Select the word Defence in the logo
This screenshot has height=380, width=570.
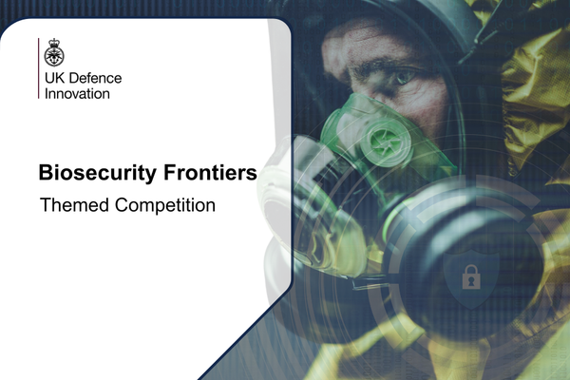click(94, 78)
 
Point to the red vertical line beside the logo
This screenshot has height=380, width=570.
click(39, 68)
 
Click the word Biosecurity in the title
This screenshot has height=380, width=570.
click(93, 173)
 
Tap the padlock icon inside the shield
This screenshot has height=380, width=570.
click(469, 276)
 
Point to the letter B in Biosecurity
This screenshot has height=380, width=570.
click(45, 173)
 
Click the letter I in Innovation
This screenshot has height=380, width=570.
click(46, 93)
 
